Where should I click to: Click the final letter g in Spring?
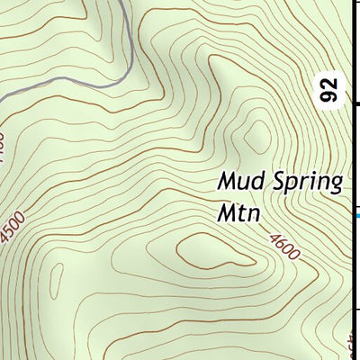click(x=336, y=186)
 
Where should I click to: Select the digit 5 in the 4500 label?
click(x=13, y=230)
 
